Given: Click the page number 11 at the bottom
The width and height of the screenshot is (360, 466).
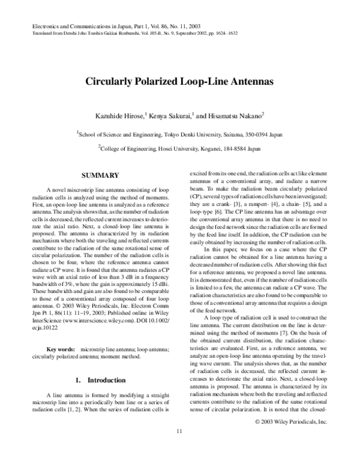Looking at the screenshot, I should tap(179, 449).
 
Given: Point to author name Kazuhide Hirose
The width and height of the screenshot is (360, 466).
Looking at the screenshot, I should tap(123, 115).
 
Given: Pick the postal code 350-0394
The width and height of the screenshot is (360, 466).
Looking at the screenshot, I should tap(252, 135).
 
